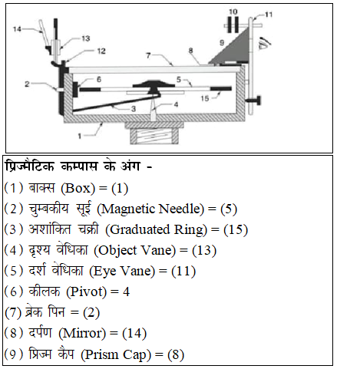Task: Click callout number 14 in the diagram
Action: pos(17,29)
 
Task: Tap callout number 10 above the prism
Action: pos(233,12)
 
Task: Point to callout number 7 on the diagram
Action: pos(148,55)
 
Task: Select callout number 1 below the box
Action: pos(80,136)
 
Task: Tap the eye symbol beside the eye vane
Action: pos(265,42)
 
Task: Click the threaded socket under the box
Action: pos(154,137)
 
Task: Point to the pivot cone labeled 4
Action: pos(153,109)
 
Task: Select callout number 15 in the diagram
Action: pos(205,98)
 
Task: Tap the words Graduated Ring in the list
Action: pos(158,229)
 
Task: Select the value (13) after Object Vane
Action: pos(204,250)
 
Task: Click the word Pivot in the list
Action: pos(86,292)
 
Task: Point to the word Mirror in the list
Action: pos(82,333)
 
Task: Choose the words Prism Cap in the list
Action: pos(116,354)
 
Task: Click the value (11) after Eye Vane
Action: pos(183,271)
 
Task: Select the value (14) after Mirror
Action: pos(134,333)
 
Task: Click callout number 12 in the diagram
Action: pos(101,51)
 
